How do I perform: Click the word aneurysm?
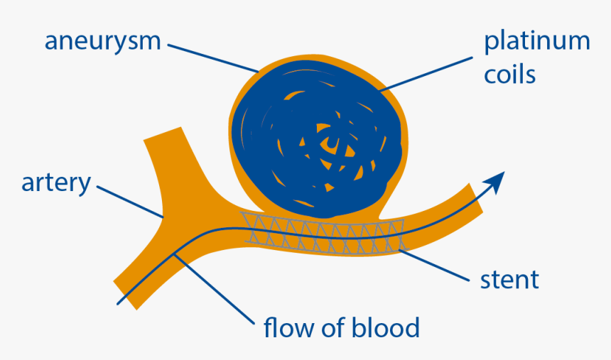click(102, 40)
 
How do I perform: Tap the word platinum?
click(536, 42)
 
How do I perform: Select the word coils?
click(509, 75)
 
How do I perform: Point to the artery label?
click(56, 182)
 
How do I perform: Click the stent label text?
click(509, 279)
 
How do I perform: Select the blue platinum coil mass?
click(277, 142)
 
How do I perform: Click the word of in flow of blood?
click(332, 328)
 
